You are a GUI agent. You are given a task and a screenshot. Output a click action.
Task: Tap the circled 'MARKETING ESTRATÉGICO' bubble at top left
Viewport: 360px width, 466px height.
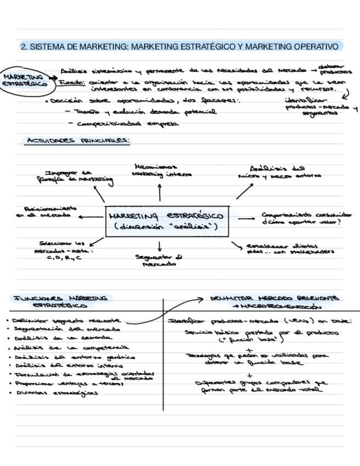23,80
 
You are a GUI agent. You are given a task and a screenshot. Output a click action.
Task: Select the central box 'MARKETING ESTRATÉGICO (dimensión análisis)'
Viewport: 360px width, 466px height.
167,221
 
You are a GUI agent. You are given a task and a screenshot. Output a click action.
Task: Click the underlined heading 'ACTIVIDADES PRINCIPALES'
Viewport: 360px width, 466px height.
77,141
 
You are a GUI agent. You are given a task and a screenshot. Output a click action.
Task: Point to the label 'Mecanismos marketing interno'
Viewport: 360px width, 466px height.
161,170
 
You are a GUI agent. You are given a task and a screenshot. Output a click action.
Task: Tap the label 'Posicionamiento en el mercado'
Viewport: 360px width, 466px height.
47,212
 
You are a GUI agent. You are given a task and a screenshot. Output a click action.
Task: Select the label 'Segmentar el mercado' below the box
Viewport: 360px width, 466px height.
159,260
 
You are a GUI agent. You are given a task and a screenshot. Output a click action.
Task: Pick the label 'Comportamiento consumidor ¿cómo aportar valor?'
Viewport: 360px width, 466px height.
306,218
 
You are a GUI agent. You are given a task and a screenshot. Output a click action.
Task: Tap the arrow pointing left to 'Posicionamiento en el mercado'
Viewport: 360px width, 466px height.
90,217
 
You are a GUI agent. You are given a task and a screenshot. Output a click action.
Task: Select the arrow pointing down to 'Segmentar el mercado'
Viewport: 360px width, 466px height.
159,246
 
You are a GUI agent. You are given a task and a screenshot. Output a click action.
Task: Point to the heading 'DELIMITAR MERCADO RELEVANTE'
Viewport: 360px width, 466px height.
274,298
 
